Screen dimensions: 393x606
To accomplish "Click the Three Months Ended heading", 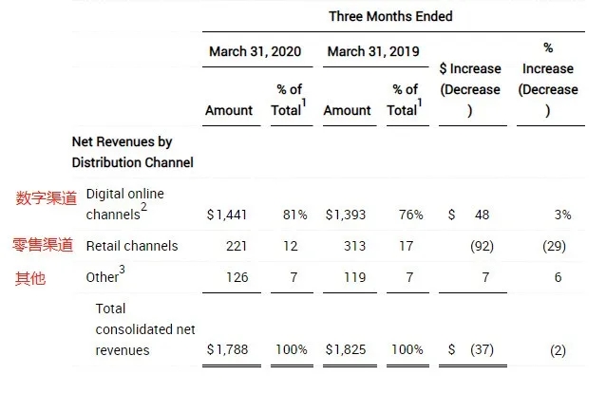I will pyautogui.click(x=390, y=16).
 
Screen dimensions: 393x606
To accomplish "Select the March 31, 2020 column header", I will pyautogui.click(x=255, y=51).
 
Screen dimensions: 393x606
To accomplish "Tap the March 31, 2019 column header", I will pyautogui.click(x=372, y=51).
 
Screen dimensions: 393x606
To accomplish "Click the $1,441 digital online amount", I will pyautogui.click(x=228, y=215).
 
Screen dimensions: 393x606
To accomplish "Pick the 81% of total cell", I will pyautogui.click(x=293, y=215).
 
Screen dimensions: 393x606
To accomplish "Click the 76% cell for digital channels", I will pyautogui.click(x=410, y=215).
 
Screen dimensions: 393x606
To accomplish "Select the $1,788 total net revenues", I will pyautogui.click(x=228, y=349).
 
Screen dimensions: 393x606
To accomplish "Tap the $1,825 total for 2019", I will pyautogui.click(x=346, y=349).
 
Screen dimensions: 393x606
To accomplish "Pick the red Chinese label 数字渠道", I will pyautogui.click(x=46, y=198).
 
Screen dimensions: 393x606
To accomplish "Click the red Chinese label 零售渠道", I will pyautogui.click(x=43, y=245).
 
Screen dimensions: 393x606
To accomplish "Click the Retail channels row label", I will pyautogui.click(x=132, y=246).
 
